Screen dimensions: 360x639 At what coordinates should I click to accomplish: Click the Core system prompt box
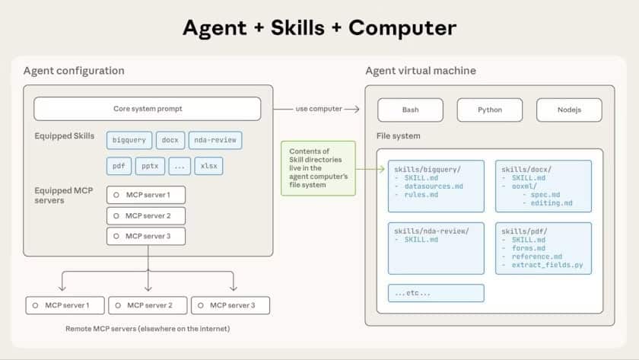point(147,109)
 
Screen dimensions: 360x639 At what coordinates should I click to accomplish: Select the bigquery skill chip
point(129,140)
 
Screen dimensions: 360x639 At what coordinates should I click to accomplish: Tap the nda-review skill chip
point(215,140)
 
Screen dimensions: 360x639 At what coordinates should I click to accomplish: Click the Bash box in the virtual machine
point(410,110)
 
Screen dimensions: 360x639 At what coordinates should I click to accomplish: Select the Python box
point(489,110)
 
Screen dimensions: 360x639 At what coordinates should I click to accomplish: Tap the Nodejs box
point(569,110)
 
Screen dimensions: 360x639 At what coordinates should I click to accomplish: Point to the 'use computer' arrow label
point(319,109)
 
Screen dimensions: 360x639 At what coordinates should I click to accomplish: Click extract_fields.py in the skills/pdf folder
point(547,266)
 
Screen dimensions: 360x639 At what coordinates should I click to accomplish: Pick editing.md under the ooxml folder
point(552,202)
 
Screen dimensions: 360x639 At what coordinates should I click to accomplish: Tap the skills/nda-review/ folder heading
point(431,230)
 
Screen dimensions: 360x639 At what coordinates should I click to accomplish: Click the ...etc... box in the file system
point(436,293)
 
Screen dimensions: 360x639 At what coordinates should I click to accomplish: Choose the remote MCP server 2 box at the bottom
point(146,305)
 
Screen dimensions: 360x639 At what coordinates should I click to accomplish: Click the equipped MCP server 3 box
point(146,236)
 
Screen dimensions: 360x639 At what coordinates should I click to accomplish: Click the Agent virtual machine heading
point(421,71)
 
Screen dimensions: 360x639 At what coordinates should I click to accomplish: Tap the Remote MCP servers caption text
point(148,329)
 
